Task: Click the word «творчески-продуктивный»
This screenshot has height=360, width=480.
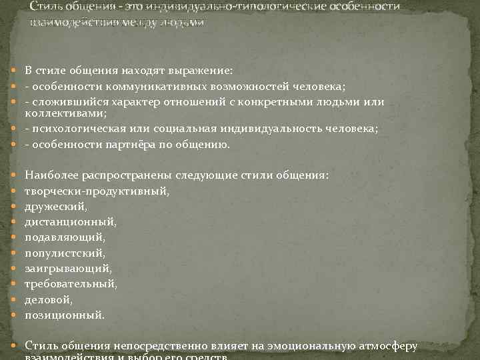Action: click(97, 191)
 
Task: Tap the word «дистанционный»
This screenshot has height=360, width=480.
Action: click(70, 222)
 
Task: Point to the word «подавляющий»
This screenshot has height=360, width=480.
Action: click(65, 237)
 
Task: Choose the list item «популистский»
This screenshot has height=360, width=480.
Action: click(65, 253)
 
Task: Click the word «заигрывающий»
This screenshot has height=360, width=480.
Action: click(68, 269)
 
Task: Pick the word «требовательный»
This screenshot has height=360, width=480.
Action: click(70, 284)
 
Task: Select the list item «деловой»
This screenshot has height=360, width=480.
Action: click(48, 299)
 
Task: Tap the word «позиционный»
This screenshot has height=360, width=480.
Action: click(65, 315)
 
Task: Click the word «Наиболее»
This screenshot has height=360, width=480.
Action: click(52, 175)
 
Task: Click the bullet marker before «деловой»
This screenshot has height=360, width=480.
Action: click(15, 300)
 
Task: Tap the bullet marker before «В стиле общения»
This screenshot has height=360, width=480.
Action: click(15, 71)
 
